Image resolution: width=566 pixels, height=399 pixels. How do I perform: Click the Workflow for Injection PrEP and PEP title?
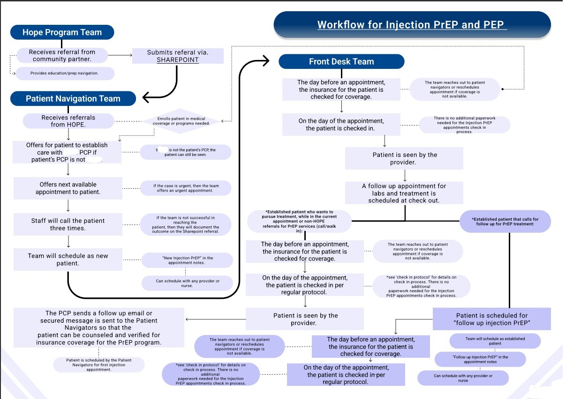tap(412, 25)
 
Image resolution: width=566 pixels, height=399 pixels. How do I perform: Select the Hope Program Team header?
tap(62, 32)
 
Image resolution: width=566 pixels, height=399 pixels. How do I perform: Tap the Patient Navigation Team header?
tap(73, 99)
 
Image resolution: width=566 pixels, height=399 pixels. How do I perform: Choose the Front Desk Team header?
tap(341, 61)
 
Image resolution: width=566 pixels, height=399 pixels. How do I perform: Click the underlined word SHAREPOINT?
tap(178, 60)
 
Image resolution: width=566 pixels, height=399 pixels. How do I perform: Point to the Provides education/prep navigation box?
tap(65, 73)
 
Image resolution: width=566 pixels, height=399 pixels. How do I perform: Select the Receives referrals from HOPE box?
tap(68, 121)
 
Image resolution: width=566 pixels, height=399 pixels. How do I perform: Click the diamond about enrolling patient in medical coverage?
tap(181, 121)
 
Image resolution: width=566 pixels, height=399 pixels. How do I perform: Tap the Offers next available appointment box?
tap(68, 188)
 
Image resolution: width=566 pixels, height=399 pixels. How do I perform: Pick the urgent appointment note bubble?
tap(186, 188)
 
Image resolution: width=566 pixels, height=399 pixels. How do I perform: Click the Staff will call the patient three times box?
tap(68, 224)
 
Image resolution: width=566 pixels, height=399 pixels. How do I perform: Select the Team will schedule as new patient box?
tap(68, 259)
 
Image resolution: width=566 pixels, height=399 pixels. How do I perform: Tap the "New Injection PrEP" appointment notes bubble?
tap(187, 260)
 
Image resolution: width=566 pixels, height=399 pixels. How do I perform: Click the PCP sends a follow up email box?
tap(99, 327)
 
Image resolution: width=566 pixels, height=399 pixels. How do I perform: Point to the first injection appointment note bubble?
tap(98, 365)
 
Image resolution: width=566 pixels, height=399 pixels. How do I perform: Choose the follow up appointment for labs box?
tap(404, 193)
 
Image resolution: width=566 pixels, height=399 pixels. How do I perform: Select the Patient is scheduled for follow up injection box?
tap(491, 319)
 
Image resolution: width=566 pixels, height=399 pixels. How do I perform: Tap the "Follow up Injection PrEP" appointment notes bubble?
tap(480, 359)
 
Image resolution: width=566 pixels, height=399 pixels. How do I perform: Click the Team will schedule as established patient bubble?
tap(495, 341)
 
